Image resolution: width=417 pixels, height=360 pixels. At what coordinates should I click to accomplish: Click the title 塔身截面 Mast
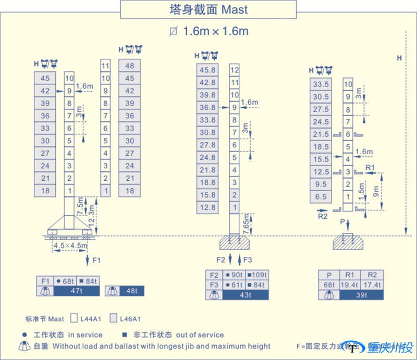pos(208,9)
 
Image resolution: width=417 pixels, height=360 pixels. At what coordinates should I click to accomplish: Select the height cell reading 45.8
pos(207,70)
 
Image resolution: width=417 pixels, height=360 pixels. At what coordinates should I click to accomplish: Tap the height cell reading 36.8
pos(207,108)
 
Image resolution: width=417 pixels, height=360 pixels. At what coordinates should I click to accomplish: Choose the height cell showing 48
pos(130,66)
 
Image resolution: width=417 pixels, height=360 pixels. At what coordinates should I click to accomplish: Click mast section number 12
pos(235,70)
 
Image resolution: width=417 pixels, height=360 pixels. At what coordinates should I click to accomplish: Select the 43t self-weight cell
pos(245,295)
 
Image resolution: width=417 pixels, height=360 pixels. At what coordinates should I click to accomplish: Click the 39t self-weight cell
pos(361,295)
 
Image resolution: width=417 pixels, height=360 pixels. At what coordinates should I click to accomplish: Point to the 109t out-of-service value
pos(259,275)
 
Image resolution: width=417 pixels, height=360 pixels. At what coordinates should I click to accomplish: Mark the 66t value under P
pos(329,285)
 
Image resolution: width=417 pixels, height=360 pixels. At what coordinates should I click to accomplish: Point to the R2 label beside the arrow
pos(323,215)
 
